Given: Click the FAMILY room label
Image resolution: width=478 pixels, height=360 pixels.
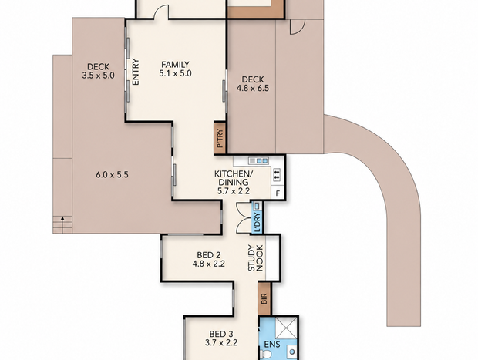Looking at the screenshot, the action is (175, 65).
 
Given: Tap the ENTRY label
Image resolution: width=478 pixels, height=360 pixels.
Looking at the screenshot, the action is (136, 72).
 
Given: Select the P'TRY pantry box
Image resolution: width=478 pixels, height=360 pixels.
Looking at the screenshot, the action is (220, 137).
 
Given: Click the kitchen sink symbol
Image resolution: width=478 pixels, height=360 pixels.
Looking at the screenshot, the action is (258, 160).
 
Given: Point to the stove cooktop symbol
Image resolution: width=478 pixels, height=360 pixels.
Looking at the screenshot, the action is (277, 175).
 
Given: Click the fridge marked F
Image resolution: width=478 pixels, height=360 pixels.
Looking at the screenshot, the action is (278, 193).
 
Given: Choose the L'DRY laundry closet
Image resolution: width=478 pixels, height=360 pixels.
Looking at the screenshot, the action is (258, 217).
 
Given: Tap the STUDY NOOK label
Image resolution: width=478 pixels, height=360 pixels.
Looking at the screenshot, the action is (255, 258).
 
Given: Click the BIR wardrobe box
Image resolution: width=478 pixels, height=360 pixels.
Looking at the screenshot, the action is (264, 299).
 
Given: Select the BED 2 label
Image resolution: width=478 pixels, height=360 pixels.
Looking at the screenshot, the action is (208, 255).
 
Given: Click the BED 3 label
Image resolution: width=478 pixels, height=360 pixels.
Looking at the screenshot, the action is (221, 334).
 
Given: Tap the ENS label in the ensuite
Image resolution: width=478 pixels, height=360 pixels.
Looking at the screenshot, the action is (272, 345).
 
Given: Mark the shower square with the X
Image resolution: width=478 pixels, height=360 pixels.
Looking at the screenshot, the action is (286, 328).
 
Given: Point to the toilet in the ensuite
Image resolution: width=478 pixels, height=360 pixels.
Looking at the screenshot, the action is (265, 355).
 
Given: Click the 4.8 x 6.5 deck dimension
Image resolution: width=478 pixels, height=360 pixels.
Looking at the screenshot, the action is (253, 89).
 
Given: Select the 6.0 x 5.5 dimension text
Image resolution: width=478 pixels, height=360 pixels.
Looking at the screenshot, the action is (113, 175).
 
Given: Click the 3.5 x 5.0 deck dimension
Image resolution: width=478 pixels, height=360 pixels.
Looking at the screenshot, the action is (98, 76).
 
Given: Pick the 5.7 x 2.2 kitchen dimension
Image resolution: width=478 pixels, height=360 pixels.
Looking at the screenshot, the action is (234, 191).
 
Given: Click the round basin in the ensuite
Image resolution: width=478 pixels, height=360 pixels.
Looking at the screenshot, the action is (292, 352).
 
